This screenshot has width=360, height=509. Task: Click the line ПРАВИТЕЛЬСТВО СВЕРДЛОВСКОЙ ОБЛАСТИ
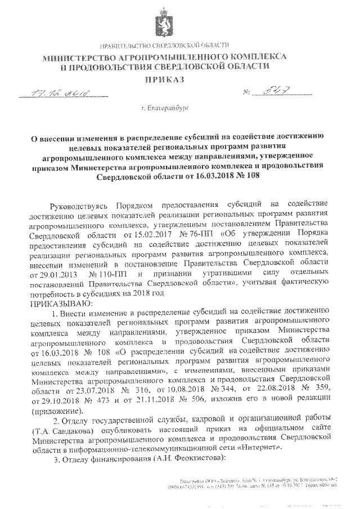pyautogui.click(x=164, y=45)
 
